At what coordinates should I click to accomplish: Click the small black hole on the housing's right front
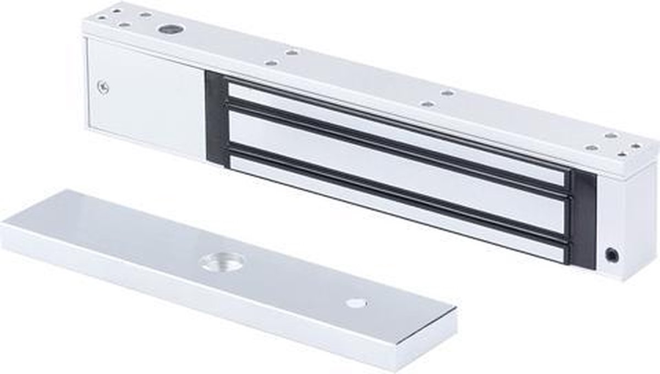tap(611, 254)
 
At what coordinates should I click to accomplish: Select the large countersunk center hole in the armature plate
tap(217, 262)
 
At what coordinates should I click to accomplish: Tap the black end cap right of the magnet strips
tap(583, 215)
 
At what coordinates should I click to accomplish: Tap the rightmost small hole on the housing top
tap(636, 146)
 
